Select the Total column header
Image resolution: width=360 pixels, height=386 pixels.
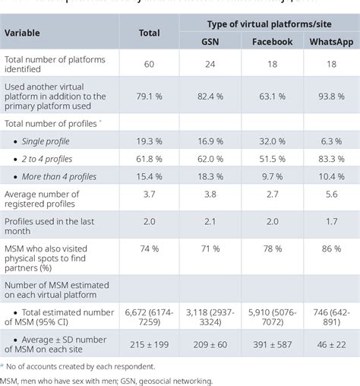[x=149, y=33]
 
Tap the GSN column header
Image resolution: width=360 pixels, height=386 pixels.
[x=209, y=42]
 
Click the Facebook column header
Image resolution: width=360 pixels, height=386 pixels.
[x=271, y=42]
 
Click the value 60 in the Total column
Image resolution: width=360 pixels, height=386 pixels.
[x=149, y=65]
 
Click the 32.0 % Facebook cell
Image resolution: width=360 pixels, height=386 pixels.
[x=271, y=141]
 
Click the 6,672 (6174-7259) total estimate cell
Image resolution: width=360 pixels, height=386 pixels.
[x=149, y=315]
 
